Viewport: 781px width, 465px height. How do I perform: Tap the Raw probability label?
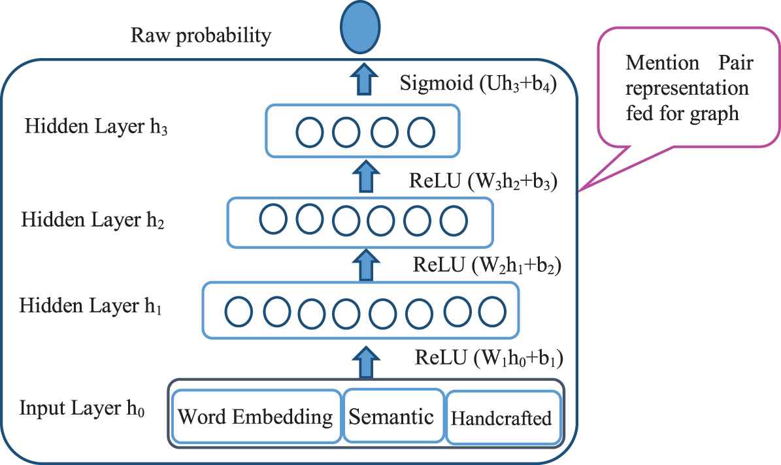[201, 36]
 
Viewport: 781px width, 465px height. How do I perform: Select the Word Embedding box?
[256, 416]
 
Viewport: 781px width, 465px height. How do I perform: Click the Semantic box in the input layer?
[391, 415]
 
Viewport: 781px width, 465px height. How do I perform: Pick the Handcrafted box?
[502, 417]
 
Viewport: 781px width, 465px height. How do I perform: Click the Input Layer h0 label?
[82, 409]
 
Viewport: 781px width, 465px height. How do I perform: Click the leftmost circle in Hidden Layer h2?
[273, 219]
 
